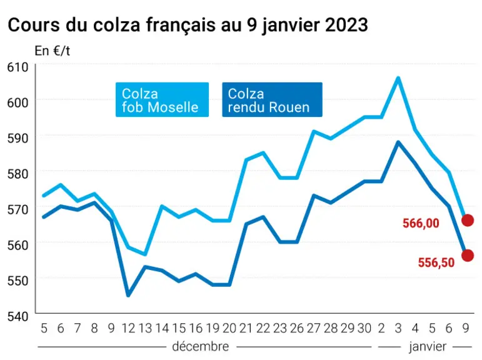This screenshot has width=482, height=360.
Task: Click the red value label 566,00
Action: coord(421,223)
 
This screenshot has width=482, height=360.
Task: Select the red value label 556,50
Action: coord(436,262)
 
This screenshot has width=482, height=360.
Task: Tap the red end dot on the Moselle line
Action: coord(468,220)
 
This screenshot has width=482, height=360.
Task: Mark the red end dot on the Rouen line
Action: coord(468,255)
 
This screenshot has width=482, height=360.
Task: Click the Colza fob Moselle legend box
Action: coord(162,99)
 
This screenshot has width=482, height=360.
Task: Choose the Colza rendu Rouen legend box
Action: coord(272,99)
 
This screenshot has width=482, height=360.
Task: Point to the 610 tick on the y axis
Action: coord(18,67)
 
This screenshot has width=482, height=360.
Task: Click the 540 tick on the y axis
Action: coord(18,316)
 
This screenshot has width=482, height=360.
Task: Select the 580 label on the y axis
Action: coord(18,174)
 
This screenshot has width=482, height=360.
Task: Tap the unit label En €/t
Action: coord(53,51)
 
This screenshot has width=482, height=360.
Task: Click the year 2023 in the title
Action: coord(346,24)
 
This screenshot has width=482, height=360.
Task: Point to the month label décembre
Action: coord(201,346)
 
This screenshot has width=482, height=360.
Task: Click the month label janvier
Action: coord(427,347)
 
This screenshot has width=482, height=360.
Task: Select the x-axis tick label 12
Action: coord(129,328)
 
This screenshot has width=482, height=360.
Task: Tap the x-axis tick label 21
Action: coord(246,328)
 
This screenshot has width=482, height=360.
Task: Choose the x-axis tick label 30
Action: coord(364,328)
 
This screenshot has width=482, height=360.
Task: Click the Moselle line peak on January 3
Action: coord(398,78)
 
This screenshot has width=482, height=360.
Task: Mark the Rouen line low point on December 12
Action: coord(128,296)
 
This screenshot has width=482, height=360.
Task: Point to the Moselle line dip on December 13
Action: coord(145,254)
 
